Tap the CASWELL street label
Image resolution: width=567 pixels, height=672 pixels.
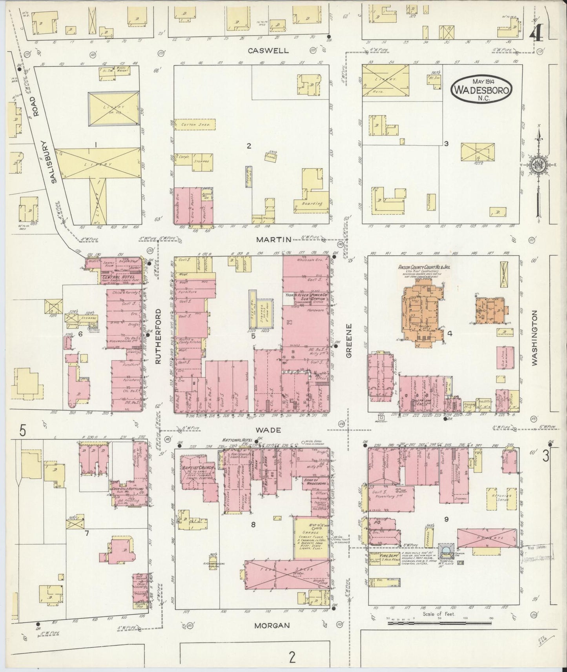pos(269,51)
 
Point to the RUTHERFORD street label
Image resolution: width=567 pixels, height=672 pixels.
pos(159,336)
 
